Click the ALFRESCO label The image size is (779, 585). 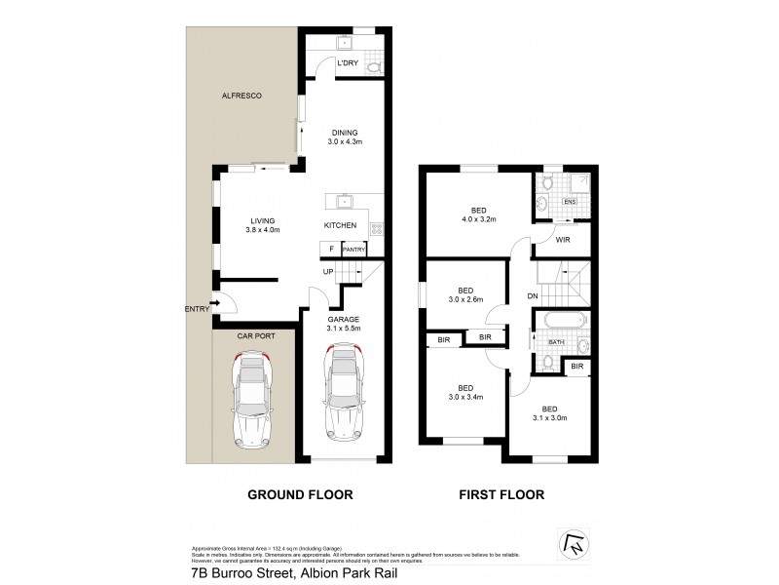[x=243, y=96]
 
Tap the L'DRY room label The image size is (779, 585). [x=348, y=64]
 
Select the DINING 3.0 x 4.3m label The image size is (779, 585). [x=345, y=137]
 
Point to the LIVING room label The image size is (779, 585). [x=262, y=225]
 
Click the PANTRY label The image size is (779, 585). [x=352, y=250]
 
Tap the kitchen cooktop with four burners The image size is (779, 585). [x=378, y=230]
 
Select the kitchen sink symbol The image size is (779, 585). [x=345, y=203]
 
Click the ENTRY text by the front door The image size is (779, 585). [x=197, y=309]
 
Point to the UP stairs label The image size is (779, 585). [x=328, y=271]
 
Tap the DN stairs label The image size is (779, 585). [x=532, y=296]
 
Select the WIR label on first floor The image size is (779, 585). [x=562, y=238]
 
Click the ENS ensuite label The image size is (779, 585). [x=571, y=202]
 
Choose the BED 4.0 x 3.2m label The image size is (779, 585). [x=478, y=214]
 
